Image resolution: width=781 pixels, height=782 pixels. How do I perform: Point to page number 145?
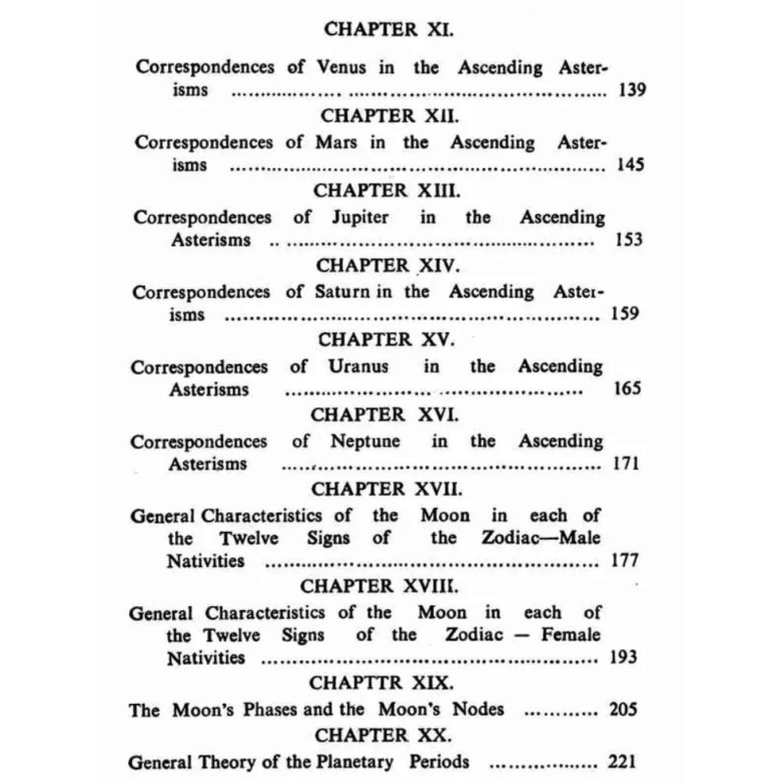(629, 165)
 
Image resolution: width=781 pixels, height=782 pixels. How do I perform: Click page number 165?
(629, 389)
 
